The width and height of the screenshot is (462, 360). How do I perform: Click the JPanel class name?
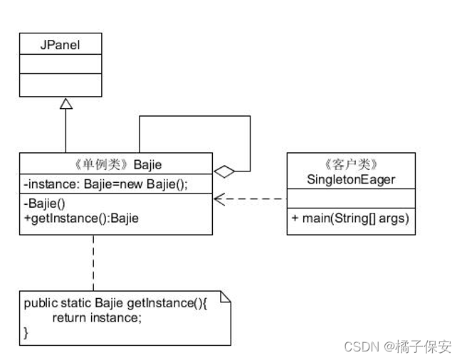[x=60, y=45]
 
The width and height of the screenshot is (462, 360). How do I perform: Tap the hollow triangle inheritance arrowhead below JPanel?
[x=65, y=104]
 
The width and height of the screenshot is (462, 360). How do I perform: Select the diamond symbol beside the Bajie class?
[x=224, y=171]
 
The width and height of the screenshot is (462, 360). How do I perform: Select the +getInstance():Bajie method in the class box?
[x=80, y=218]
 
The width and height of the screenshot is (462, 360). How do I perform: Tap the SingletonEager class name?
[x=350, y=180]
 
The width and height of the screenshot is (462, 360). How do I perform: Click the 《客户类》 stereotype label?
[x=350, y=165]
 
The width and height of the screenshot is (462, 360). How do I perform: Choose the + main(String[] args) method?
[x=350, y=218]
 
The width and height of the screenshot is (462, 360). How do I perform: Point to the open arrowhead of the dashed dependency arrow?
[x=219, y=199]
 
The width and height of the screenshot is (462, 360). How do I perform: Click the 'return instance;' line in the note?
[x=96, y=317]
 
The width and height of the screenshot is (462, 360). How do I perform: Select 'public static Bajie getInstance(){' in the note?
[x=115, y=303]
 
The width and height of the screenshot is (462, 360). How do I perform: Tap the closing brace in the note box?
[x=26, y=332]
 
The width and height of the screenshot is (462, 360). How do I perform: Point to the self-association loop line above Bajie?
[x=194, y=117]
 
